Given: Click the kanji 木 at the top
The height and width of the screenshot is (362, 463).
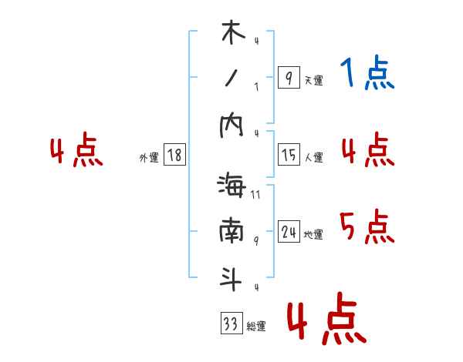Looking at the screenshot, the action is [x=232, y=35].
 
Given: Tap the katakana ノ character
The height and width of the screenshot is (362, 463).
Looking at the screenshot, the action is [x=232, y=79].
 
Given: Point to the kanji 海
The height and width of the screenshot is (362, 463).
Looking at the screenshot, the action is [x=232, y=187].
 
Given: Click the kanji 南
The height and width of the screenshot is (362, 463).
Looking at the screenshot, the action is [x=232, y=233].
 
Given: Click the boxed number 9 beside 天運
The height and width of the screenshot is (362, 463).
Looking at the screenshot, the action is [x=289, y=78].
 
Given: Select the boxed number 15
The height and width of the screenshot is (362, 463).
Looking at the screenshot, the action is [x=289, y=155].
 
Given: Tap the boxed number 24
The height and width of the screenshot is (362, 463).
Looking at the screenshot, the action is [x=289, y=232].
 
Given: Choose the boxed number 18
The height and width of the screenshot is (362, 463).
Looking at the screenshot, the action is [x=174, y=155].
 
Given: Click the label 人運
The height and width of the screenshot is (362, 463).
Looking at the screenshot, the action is [x=313, y=158].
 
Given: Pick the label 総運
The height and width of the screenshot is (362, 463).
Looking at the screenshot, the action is [x=256, y=327].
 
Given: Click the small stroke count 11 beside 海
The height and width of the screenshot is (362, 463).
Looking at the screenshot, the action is [x=255, y=195].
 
